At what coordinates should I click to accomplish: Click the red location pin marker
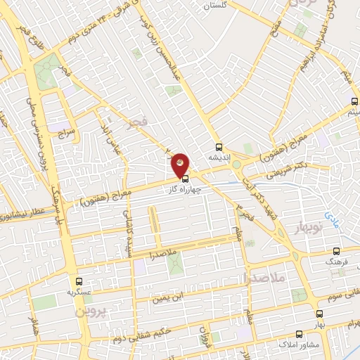(181, 164)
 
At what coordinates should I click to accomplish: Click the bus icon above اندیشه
(219, 148)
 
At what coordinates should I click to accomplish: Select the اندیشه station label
(219, 157)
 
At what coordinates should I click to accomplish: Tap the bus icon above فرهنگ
(336, 251)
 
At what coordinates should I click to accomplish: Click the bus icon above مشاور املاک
(300, 334)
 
